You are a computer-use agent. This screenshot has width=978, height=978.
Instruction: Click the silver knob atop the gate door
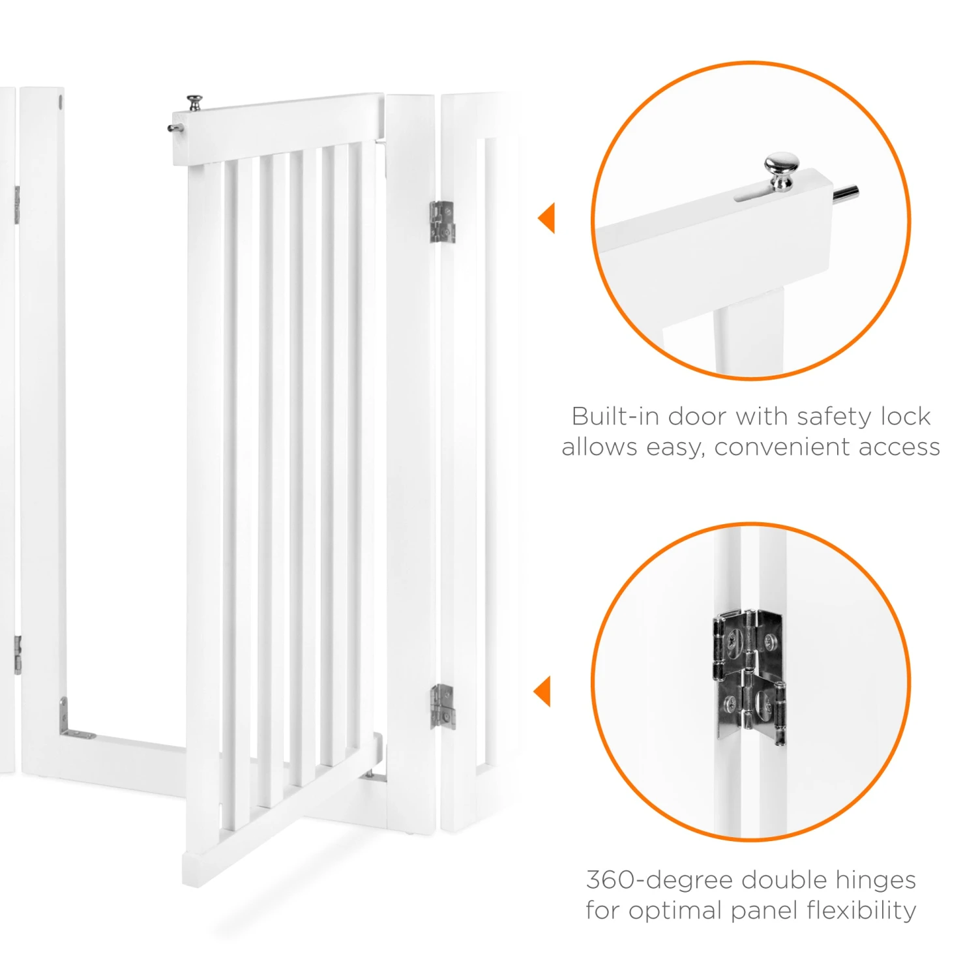pyautogui.click(x=194, y=102)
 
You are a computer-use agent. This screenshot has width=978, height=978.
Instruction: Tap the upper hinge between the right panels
pyautogui.click(x=442, y=222)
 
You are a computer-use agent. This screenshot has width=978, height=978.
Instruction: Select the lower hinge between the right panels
pyautogui.click(x=442, y=706)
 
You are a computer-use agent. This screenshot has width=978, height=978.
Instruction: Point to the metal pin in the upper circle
pyautogui.click(x=844, y=194)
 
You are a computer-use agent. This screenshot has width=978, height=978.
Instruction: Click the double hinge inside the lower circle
pyautogui.click(x=749, y=676)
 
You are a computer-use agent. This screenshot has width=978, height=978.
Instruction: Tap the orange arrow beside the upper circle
pyautogui.click(x=546, y=218)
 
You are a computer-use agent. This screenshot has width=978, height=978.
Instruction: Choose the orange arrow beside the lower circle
pyautogui.click(x=542, y=691)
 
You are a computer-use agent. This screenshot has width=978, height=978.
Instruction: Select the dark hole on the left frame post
pyautogui.click(x=61, y=102)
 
